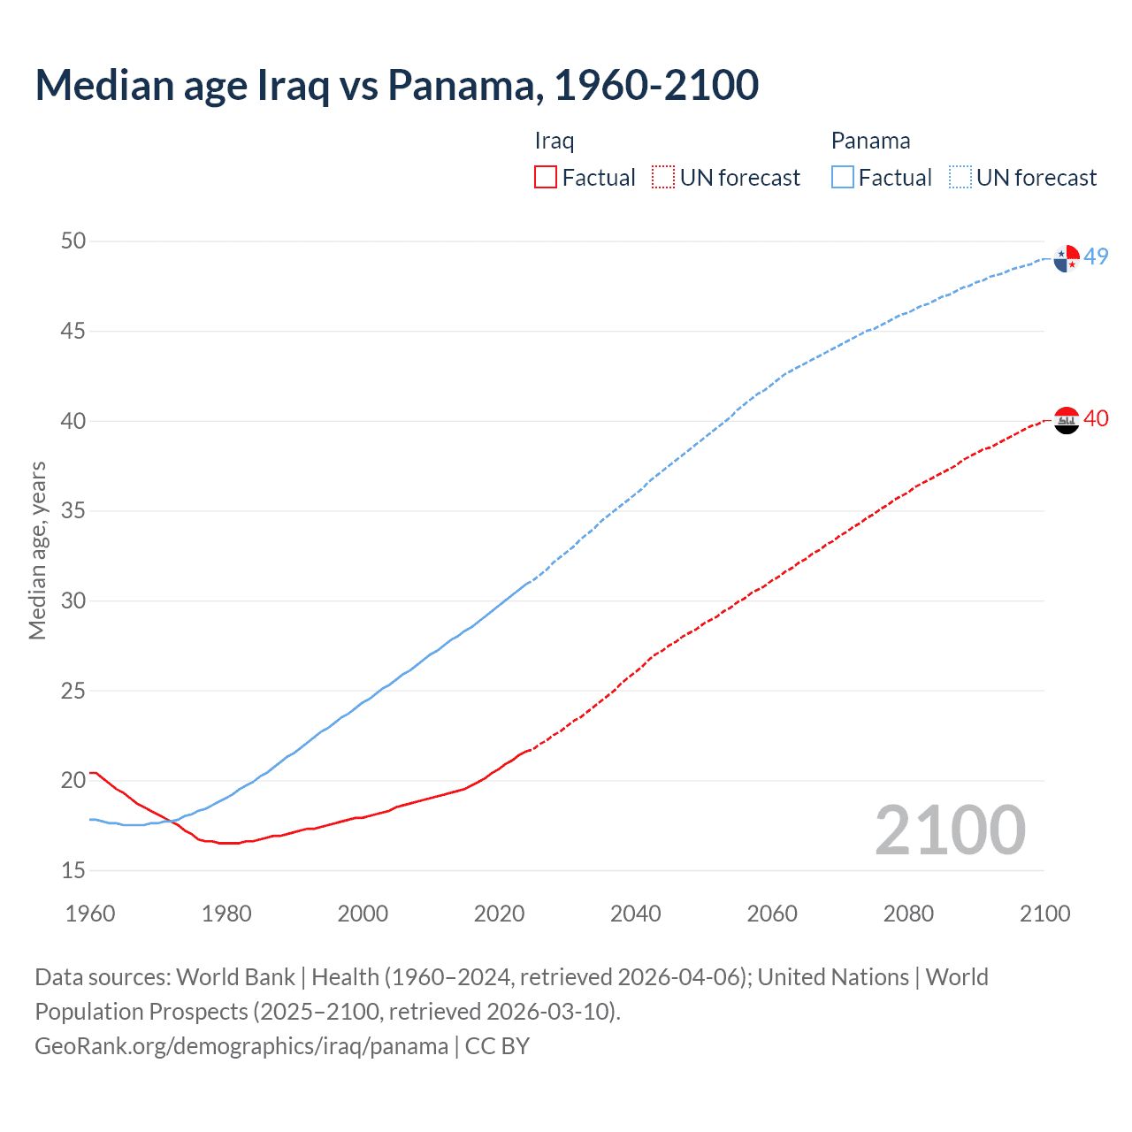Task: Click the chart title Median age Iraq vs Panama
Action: click(x=396, y=85)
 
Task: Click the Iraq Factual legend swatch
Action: click(x=546, y=177)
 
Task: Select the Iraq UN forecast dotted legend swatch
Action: click(x=663, y=177)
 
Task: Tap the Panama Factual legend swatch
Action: click(x=843, y=177)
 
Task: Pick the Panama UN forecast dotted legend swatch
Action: click(x=960, y=177)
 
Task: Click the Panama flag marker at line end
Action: click(x=1067, y=258)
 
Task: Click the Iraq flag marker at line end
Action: click(x=1067, y=420)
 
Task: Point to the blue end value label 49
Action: click(x=1097, y=256)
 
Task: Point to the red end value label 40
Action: click(x=1097, y=418)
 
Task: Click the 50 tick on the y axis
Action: click(x=73, y=241)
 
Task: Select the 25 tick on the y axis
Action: click(x=73, y=691)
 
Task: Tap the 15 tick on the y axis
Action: click(x=73, y=870)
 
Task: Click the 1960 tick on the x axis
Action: click(x=90, y=914)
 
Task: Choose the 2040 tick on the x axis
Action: click(x=636, y=914)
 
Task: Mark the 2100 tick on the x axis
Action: click(x=1044, y=914)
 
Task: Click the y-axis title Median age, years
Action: click(x=37, y=550)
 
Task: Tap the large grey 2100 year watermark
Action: click(x=950, y=830)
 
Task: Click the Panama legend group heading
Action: click(x=870, y=141)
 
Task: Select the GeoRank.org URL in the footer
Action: click(x=241, y=1045)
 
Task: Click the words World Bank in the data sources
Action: click(x=235, y=976)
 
